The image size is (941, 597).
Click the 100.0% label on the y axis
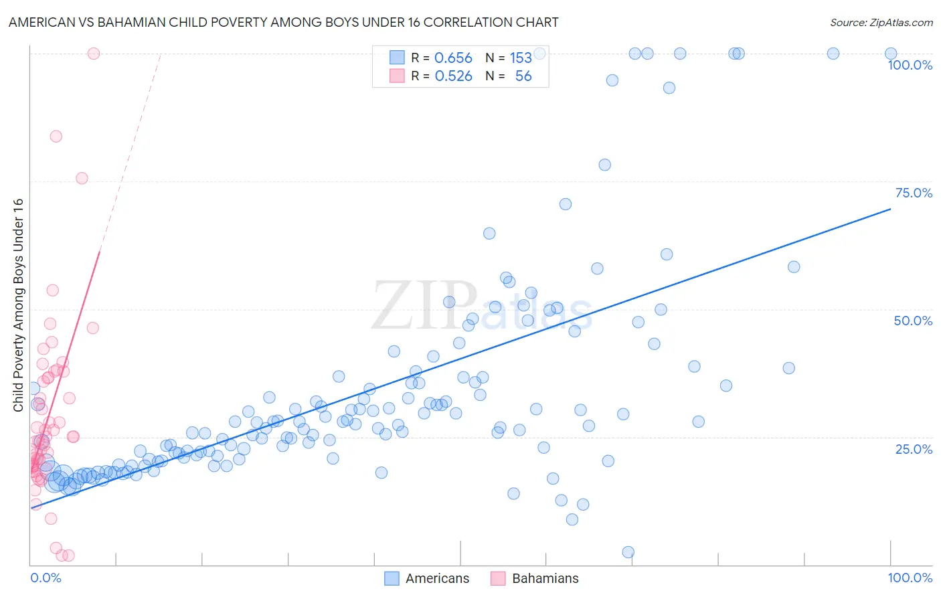pos(910,65)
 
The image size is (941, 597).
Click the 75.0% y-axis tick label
pos(914,193)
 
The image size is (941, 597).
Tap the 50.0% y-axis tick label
pos(913,321)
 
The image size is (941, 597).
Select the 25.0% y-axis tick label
pos(914,449)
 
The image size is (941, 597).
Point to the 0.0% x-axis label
pos(46,578)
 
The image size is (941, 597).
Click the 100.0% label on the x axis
pos(910,578)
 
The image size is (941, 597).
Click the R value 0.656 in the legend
pos(453,58)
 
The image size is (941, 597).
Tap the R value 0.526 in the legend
pos(453,76)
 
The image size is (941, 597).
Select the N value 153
pos(521,58)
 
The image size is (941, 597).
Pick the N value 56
pos(523,76)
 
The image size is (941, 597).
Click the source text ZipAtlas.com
pos(881,22)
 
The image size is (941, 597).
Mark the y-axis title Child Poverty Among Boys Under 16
pos(18,305)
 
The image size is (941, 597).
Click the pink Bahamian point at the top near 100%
pos(94,54)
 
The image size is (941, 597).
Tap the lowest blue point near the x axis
pos(628,552)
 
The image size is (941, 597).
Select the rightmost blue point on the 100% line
pos(891,54)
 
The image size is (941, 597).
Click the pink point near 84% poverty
pos(56,137)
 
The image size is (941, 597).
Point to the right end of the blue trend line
pos(891,209)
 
